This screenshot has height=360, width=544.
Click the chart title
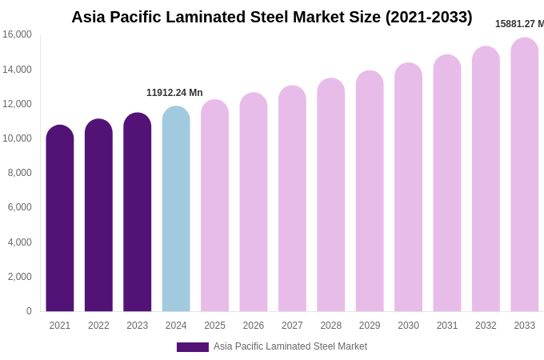271,17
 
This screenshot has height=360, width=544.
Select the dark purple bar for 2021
60,220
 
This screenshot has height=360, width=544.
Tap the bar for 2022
98,216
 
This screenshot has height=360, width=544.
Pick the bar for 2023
138,213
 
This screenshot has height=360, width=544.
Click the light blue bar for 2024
176,210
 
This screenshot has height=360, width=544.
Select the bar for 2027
292,200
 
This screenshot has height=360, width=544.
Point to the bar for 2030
408,188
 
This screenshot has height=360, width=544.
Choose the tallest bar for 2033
525,176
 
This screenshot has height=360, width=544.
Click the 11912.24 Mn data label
174,93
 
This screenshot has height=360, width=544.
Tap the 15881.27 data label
519,24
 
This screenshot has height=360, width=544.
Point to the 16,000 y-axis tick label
17,34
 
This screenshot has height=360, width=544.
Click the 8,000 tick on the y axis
20,173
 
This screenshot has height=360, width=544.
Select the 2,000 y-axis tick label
20,277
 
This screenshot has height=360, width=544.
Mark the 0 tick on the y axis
29,311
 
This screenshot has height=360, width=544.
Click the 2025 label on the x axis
214,326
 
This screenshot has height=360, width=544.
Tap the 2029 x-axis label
370,326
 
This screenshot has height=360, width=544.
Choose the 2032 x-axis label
486,326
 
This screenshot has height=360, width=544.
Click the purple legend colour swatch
193,347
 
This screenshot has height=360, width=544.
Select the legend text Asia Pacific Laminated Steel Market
290,346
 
